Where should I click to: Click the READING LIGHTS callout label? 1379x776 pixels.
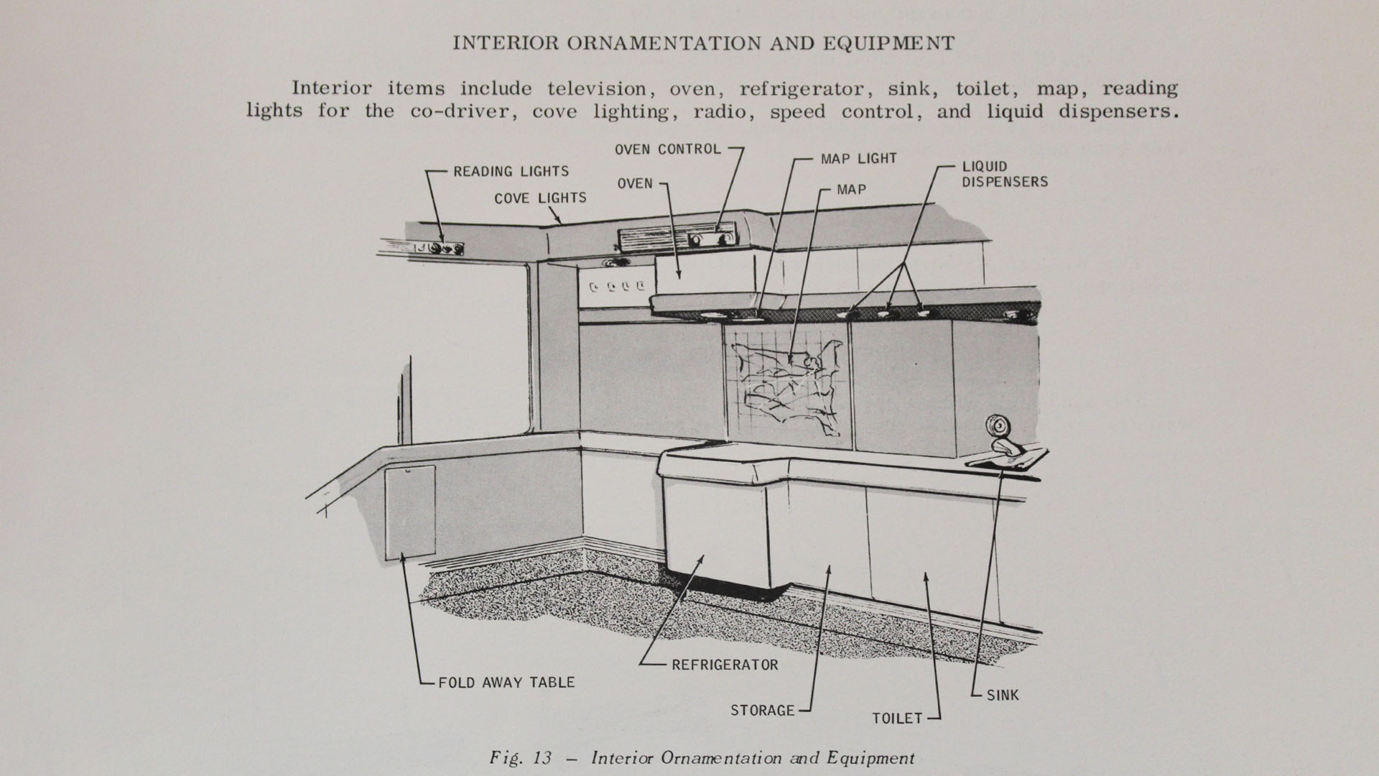pyautogui.click(x=511, y=172)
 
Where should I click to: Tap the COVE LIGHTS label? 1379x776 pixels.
pyautogui.click(x=540, y=198)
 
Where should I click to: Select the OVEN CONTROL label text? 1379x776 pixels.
pyautogui.click(x=667, y=149)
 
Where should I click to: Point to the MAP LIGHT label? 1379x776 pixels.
pyautogui.click(x=858, y=159)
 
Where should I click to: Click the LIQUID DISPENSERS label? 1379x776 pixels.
pyautogui.click(x=1005, y=175)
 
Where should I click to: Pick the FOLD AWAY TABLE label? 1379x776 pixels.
pyautogui.click(x=506, y=683)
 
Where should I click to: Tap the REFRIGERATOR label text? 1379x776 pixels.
pyautogui.click(x=725, y=665)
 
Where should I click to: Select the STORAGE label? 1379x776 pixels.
pyautogui.click(x=762, y=711)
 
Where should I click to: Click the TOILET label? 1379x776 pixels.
pyautogui.click(x=897, y=719)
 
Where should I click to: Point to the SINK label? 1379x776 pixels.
pyautogui.click(x=1003, y=696)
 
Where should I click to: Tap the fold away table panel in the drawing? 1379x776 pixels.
pyautogui.click(x=409, y=512)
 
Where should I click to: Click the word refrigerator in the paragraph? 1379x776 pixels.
pyautogui.click(x=805, y=89)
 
